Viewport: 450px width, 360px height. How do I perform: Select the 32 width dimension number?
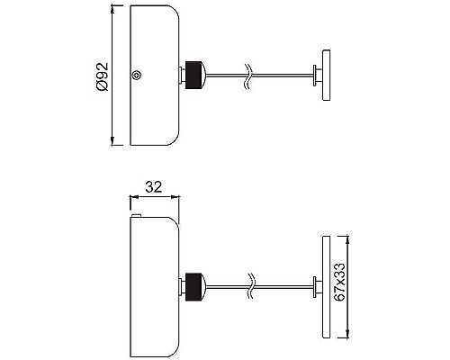[153, 187]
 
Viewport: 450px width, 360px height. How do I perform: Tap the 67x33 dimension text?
[339, 286]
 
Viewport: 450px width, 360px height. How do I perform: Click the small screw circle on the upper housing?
[136, 76]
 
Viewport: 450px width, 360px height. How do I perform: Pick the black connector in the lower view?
[192, 285]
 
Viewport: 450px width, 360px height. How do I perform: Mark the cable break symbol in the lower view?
[251, 286]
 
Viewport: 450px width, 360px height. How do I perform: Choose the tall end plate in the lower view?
[322, 286]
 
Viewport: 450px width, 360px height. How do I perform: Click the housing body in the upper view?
[155, 76]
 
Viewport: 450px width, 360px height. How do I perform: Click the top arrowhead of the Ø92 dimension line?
[113, 12]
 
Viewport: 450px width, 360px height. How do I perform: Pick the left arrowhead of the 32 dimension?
[133, 195]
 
